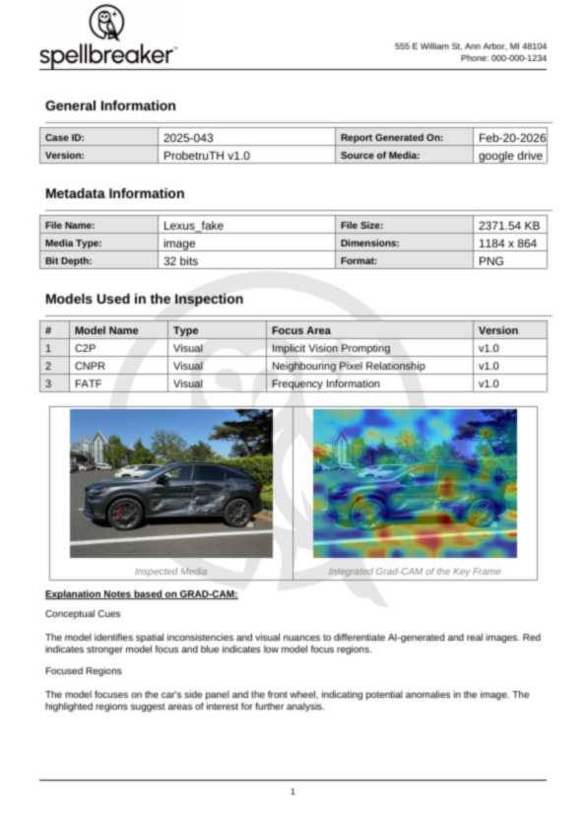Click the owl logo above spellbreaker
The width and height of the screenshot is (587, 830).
click(106, 23)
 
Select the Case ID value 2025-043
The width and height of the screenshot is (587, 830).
click(188, 138)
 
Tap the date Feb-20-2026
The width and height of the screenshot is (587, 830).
click(510, 138)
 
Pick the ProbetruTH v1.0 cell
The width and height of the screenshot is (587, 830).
click(206, 156)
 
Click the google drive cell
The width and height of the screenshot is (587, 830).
click(510, 156)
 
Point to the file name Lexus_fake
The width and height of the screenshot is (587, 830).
click(193, 226)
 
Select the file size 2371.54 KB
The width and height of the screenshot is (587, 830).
click(508, 226)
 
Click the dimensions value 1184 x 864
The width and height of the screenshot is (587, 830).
click(508, 242)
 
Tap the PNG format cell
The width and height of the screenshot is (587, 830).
click(490, 260)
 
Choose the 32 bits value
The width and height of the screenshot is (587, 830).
click(184, 260)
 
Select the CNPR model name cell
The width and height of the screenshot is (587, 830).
click(90, 366)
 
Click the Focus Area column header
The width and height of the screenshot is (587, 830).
click(300, 330)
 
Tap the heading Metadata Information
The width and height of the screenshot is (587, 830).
click(114, 193)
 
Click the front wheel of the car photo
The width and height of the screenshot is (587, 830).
click(126, 514)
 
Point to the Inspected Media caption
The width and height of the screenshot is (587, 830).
click(170, 571)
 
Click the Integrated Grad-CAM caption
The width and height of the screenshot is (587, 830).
click(414, 571)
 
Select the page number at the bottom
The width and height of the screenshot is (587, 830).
click(293, 791)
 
